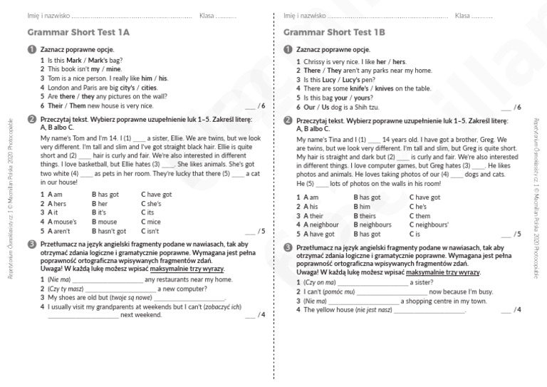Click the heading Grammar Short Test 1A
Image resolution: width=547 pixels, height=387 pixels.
point(78,32)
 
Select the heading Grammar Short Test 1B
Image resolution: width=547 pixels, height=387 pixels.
point(334,32)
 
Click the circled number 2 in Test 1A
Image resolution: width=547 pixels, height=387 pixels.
point(31,120)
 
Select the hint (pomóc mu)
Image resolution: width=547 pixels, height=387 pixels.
point(339,291)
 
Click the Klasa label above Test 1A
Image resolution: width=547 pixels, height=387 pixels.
point(207,15)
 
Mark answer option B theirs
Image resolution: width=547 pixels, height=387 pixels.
point(367,215)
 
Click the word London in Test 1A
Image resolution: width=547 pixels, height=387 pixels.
point(59,88)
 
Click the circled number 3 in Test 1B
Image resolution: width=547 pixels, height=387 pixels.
point(288,247)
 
